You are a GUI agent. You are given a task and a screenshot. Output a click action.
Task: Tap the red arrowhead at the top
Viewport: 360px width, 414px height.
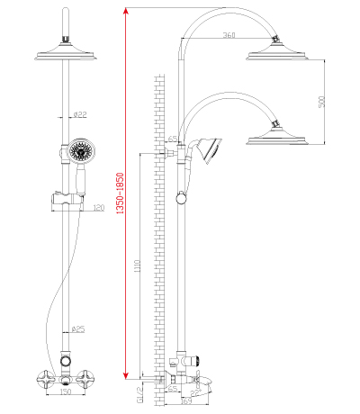pyautogui.click(x=127, y=10)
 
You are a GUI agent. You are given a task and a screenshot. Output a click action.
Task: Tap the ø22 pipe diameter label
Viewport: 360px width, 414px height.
pyautogui.click(x=79, y=114)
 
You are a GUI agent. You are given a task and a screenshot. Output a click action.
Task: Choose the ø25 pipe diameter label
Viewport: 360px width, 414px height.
pyautogui.click(x=79, y=329)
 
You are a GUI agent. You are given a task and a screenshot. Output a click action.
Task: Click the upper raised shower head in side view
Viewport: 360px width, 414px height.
pyautogui.click(x=277, y=51)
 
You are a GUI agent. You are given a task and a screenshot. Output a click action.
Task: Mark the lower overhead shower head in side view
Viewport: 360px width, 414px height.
pyautogui.click(x=277, y=138)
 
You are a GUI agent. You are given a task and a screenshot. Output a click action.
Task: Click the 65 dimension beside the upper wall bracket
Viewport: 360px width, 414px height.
pyautogui.click(x=171, y=138)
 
